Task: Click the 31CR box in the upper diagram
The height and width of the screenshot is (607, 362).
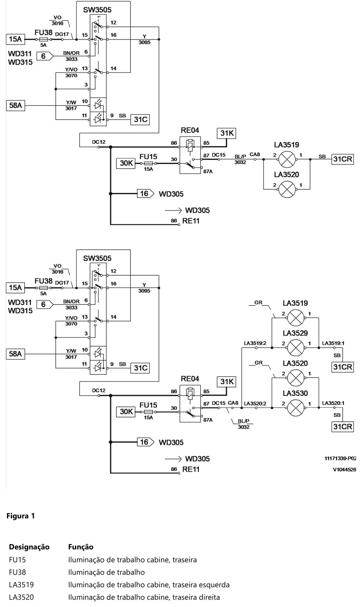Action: [x=343, y=159]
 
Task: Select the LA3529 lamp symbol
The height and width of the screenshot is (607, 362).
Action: [x=295, y=348]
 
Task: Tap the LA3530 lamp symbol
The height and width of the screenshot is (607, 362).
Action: [x=295, y=408]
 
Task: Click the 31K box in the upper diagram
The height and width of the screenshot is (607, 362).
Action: [x=227, y=133]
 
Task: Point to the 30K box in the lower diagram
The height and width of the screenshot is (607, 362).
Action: [x=126, y=412]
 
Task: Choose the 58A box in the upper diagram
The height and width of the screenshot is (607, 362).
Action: [x=15, y=106]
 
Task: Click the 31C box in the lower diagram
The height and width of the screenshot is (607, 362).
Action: [x=140, y=368]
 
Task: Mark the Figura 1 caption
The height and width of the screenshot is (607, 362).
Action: [x=21, y=516]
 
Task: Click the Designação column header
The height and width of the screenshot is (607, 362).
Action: [x=29, y=547]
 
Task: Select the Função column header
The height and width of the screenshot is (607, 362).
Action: [x=81, y=547]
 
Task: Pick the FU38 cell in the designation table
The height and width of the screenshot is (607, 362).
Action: [x=17, y=572]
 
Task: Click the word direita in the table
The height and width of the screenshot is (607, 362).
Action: [x=209, y=597]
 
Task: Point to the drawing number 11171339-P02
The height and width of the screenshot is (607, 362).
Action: [x=340, y=458]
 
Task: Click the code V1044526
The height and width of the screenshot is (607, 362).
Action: [x=344, y=470]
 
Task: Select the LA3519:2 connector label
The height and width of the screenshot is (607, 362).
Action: [x=255, y=343]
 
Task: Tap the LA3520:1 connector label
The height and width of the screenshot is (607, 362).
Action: [x=333, y=403]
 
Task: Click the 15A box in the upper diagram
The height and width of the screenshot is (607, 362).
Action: [x=15, y=39]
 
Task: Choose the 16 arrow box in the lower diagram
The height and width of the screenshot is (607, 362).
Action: [x=145, y=442]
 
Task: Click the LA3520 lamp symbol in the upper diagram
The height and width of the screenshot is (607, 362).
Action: [x=287, y=189]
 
